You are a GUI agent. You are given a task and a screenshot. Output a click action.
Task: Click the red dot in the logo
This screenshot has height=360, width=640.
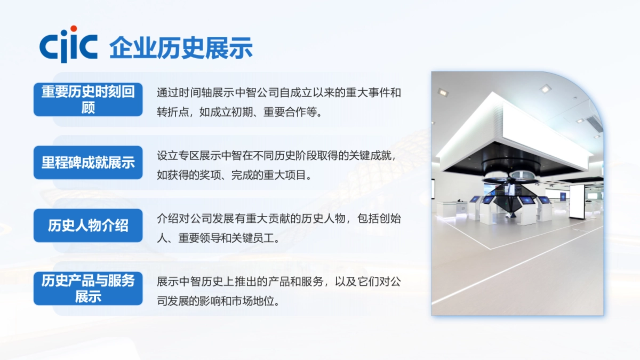74,28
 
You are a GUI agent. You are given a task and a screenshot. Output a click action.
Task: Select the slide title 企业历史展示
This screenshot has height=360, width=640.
181,47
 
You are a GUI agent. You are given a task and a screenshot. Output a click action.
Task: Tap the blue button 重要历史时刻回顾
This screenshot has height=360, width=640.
88,99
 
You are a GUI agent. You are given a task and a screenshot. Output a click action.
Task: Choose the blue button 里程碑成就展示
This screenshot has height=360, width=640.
88,163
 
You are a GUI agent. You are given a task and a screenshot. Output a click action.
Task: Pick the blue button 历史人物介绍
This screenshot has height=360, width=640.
88,226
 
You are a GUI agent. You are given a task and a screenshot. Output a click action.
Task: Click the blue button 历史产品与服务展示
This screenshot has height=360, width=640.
88,288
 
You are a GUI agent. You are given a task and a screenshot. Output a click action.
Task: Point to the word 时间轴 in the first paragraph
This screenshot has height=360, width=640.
198,93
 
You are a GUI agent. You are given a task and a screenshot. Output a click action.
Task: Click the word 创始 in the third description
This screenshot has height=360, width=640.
389,219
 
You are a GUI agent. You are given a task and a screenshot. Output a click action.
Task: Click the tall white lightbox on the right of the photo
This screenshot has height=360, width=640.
577,201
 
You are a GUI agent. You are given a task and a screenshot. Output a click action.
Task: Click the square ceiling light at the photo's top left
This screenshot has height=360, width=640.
443,91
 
